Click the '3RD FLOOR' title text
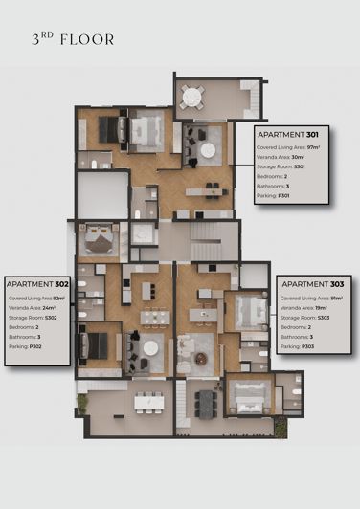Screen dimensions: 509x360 73,40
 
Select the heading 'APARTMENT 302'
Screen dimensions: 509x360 37,284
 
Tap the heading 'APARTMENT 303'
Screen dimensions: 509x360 313,284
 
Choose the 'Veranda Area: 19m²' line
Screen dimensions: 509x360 304,308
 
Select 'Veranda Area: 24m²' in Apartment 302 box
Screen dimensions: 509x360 30,308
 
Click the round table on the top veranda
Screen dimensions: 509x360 193,96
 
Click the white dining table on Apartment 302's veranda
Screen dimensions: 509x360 148,402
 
